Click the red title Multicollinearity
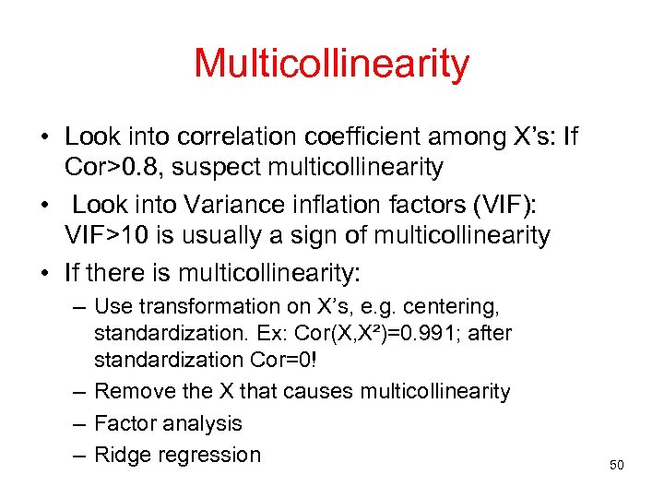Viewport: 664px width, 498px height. (x=331, y=64)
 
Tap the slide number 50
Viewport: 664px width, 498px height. (x=617, y=465)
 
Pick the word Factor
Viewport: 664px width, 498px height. (x=125, y=423)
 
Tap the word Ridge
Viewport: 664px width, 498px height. (x=121, y=455)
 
